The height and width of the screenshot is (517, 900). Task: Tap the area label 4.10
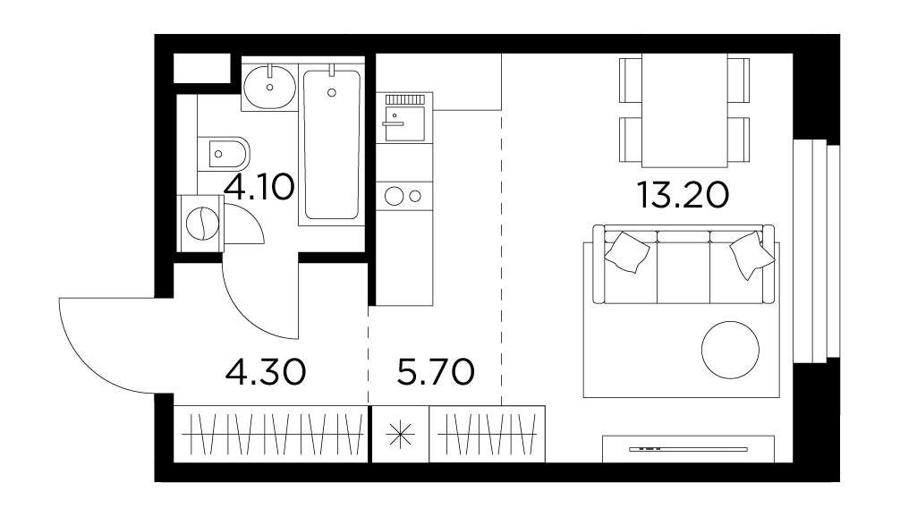coord(259,187)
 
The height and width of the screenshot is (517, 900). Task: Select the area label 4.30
coord(266,372)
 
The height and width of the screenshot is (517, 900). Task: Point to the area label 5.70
coord(436,372)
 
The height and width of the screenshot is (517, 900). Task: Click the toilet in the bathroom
coord(224,153)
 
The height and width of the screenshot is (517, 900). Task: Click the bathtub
coord(332,144)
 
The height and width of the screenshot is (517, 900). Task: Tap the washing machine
coord(201,224)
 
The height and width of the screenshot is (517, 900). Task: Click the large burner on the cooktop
coord(394,196)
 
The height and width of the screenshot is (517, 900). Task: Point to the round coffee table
coord(730,350)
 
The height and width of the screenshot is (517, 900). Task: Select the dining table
coord(684,110)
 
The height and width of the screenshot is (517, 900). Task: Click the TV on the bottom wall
coord(688,449)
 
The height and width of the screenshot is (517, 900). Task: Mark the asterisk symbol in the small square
coord(400,435)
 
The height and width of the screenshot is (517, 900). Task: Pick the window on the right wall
coord(816,251)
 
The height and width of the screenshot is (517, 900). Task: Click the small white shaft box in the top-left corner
coord(202,68)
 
